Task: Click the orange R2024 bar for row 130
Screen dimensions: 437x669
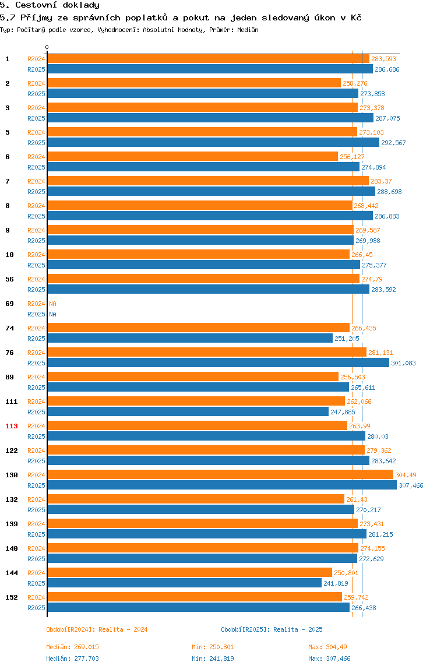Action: (x=220, y=474)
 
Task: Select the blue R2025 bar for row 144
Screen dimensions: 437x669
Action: (x=184, y=583)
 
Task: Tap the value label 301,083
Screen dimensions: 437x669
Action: (x=403, y=363)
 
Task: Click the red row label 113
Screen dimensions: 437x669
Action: (x=12, y=426)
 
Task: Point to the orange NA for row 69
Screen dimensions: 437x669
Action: (x=52, y=304)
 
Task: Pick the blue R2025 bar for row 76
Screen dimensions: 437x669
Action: (x=218, y=362)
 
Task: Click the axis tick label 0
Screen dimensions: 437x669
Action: (x=47, y=47)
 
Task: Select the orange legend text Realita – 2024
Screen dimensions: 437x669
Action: (x=123, y=629)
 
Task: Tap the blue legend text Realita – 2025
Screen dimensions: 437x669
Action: (x=298, y=629)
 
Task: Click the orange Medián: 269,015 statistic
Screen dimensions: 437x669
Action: (x=73, y=647)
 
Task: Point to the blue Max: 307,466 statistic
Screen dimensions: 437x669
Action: (x=329, y=659)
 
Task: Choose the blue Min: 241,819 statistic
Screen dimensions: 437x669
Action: (x=213, y=659)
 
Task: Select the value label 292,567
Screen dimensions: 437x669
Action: (x=393, y=143)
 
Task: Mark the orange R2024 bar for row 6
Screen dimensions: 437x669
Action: (x=192, y=157)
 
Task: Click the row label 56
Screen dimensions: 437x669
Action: (x=9, y=279)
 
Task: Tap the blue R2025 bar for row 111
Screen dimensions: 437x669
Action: (x=188, y=411)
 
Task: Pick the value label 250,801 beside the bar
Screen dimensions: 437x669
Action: (x=346, y=573)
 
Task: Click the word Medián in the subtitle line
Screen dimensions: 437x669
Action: (x=248, y=30)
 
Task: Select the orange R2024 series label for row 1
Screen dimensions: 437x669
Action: (x=36, y=59)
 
